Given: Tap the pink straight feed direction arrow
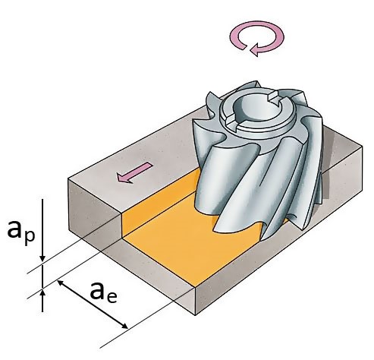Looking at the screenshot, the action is [x=134, y=172].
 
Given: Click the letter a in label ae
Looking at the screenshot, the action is [x=98, y=291].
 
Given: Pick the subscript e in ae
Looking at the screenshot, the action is [x=112, y=298].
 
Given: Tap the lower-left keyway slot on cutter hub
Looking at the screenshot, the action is [x=230, y=122].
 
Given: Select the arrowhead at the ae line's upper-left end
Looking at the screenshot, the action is [x=61, y=283].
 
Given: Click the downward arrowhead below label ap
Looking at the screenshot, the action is [x=42, y=258].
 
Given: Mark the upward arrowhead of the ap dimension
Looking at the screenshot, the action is [x=42, y=294].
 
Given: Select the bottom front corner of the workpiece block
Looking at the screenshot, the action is [x=196, y=315].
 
